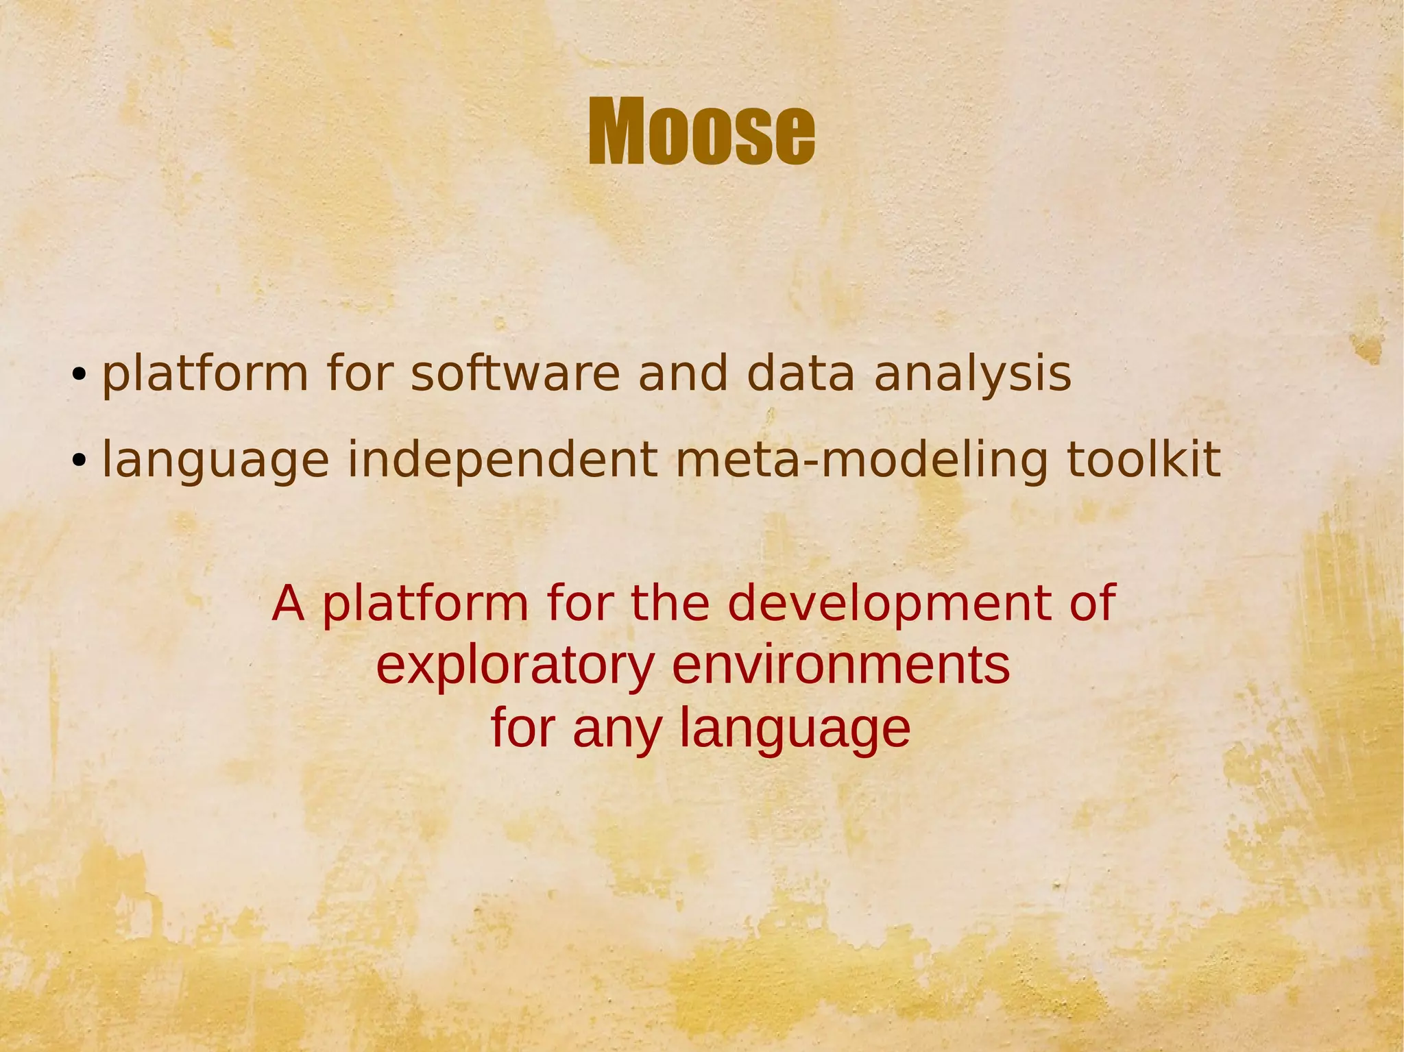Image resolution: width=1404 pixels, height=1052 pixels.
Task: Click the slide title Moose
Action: [701, 132]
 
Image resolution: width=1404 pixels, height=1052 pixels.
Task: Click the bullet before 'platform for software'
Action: [80, 375]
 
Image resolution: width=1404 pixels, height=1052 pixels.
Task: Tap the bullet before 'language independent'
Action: [80, 461]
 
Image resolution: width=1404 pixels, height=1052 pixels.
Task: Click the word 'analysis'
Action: [972, 376]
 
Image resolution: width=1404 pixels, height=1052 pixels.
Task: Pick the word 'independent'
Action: [503, 461]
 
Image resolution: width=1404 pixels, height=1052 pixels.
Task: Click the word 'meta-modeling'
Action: [862, 461]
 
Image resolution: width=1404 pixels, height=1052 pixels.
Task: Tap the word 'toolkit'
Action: [1143, 460]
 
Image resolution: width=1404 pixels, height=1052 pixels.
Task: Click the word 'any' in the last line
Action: [617, 729]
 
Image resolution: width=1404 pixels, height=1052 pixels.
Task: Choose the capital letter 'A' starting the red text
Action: [288, 604]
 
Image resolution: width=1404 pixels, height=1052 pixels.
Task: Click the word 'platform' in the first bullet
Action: [205, 376]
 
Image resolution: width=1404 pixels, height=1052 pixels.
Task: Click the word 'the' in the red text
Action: [670, 604]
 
